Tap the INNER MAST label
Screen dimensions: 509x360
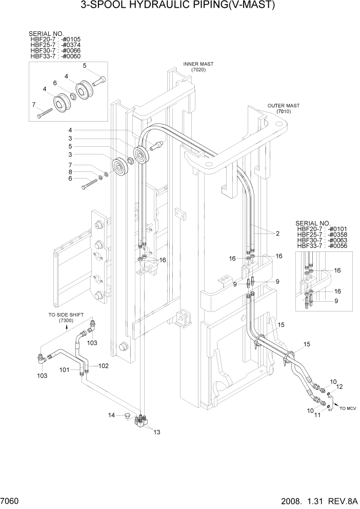click(198, 64)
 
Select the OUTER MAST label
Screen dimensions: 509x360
click(283, 106)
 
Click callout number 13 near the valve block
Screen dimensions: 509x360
click(157, 432)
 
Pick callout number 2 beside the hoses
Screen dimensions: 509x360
click(277, 233)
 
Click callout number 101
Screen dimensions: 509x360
click(65, 369)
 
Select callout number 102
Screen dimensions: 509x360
click(104, 366)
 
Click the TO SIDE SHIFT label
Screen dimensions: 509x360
click(66, 315)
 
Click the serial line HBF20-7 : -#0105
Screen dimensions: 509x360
click(55, 40)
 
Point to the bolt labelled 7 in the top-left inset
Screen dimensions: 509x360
click(45, 114)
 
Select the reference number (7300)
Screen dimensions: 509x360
click(66, 321)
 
